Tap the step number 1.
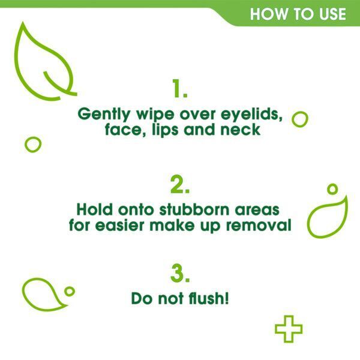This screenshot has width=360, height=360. [179, 89]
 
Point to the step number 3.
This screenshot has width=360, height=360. [179, 274]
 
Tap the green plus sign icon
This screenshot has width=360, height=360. [288, 329]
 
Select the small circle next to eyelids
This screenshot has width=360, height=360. [299, 119]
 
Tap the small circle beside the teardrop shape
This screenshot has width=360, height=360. [70, 291]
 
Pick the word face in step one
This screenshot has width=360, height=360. [119, 130]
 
